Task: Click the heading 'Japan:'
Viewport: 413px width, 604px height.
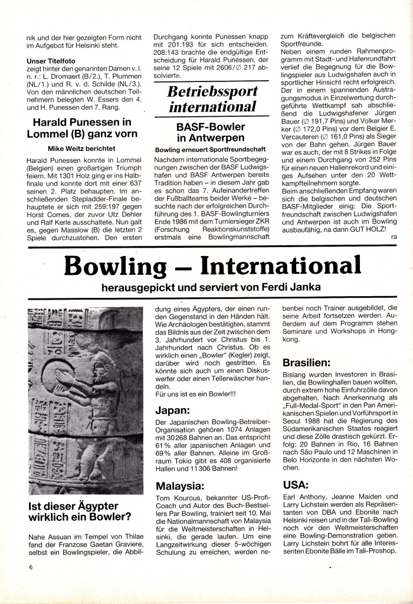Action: click(x=172, y=411)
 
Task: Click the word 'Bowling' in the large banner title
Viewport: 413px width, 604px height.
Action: click(x=112, y=265)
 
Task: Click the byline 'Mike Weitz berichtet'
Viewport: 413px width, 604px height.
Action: click(x=81, y=149)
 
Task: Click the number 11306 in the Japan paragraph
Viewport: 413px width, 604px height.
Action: click(x=204, y=468)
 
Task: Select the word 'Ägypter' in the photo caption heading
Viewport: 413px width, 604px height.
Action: click(x=92, y=506)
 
